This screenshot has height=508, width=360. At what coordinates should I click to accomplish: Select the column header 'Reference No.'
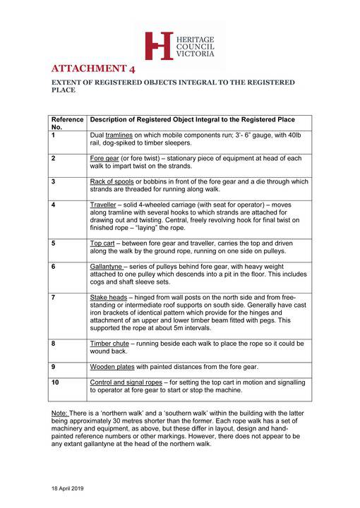[x=67, y=123]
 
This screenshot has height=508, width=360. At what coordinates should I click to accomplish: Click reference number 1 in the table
[x=54, y=134]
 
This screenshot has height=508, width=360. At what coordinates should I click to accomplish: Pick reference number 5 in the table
[x=54, y=243]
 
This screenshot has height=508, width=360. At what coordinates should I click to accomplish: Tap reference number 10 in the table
[x=56, y=382]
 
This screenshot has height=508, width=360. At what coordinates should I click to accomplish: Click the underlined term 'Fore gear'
[x=104, y=158]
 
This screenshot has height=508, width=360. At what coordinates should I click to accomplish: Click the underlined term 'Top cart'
[x=102, y=243]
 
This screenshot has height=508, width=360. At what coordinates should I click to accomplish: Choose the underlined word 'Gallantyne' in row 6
[x=107, y=266]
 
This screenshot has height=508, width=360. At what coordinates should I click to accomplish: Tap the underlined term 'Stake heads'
[x=108, y=297]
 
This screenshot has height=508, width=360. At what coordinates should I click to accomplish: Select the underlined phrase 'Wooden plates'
[x=112, y=367]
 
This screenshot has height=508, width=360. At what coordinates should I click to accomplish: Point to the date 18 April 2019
[x=66, y=488]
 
